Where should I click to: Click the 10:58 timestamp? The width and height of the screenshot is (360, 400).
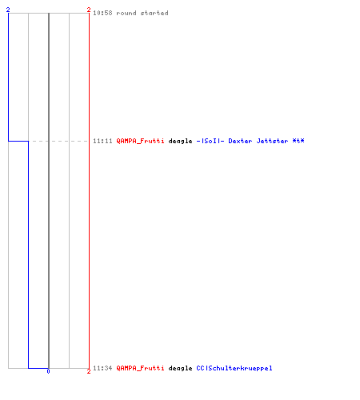click(x=102, y=13)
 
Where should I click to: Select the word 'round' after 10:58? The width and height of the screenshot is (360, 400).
click(x=126, y=13)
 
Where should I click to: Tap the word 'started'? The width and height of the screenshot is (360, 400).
click(x=154, y=13)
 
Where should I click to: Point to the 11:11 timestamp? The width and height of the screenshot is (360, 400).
click(x=102, y=141)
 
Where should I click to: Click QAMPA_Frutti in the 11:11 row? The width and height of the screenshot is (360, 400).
click(x=140, y=141)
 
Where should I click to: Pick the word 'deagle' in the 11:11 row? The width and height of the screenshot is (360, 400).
click(x=180, y=141)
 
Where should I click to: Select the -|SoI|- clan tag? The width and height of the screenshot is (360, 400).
click(x=210, y=141)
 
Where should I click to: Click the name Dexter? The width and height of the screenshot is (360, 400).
click(x=240, y=141)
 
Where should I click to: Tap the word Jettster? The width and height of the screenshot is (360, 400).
click(x=272, y=141)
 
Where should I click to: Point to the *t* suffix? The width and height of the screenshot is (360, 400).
click(x=298, y=141)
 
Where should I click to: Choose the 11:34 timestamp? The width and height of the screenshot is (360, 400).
click(x=102, y=368)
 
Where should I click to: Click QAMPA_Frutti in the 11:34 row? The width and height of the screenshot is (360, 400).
click(x=140, y=368)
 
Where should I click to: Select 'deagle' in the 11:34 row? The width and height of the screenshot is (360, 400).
click(x=180, y=368)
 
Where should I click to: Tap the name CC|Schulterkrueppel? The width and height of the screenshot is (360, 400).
click(x=234, y=368)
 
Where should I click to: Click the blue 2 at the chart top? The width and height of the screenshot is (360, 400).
click(x=8, y=10)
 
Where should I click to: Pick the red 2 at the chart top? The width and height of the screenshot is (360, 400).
click(x=89, y=10)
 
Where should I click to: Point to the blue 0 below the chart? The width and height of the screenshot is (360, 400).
click(x=48, y=371)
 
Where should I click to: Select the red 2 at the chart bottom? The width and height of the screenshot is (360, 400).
click(x=89, y=371)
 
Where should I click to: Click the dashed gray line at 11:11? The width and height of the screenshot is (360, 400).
click(x=58, y=141)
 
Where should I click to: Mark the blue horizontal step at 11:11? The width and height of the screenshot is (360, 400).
click(x=18, y=141)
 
